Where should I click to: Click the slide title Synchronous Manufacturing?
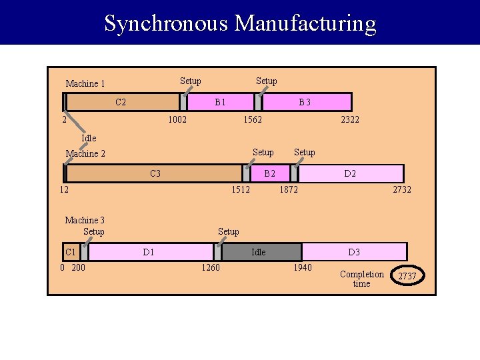(x=240, y=23)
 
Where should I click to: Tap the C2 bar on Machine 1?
(x=122, y=102)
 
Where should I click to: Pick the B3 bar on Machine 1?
(x=305, y=102)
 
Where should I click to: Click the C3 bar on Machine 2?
(x=155, y=173)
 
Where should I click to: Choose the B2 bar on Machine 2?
(x=269, y=173)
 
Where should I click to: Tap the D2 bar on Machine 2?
(x=350, y=173)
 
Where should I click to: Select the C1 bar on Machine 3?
(x=71, y=252)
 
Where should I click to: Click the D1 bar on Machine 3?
(x=149, y=252)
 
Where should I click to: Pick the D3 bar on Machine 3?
(x=353, y=252)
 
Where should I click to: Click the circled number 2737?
(x=407, y=276)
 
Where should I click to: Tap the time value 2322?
(x=350, y=119)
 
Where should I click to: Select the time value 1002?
(x=177, y=119)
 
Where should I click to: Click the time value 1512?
(x=240, y=189)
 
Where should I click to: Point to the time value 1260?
(x=210, y=268)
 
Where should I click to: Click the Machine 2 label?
(x=85, y=154)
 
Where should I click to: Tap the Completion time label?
(x=361, y=279)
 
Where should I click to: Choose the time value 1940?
(x=302, y=268)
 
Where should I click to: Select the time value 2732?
(x=402, y=189)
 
